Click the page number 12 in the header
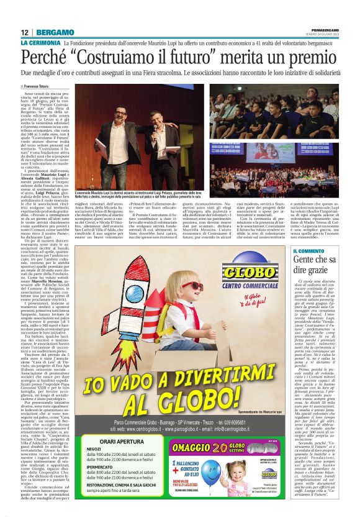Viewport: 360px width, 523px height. coord(24,32)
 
